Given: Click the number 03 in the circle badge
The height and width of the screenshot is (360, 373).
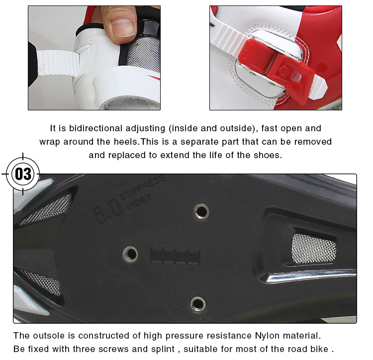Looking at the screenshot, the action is point(23,174).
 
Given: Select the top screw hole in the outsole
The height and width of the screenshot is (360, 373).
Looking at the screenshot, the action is point(201,212).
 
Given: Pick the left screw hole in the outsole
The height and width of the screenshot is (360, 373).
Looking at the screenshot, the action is point(130,254).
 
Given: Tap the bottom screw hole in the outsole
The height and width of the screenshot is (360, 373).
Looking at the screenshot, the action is point(198,304).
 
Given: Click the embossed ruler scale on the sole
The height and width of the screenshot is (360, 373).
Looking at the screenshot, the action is point(175,257).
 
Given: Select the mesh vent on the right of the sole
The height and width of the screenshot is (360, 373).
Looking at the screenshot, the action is point(313,249).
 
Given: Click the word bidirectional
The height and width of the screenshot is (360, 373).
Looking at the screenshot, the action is point(95,128).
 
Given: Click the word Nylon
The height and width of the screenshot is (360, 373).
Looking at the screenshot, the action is point(268,336).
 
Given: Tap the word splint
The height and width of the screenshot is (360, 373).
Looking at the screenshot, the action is point(163,349).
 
